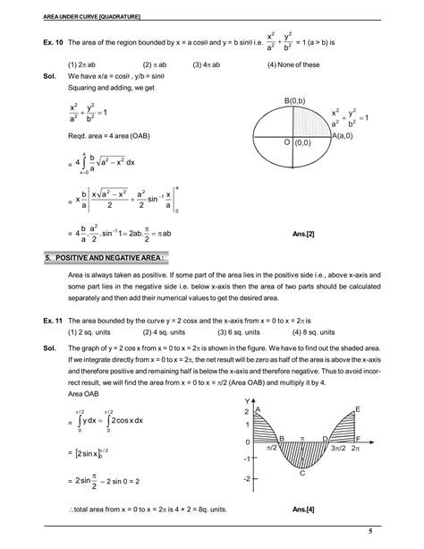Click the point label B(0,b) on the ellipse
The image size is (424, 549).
coord(293,99)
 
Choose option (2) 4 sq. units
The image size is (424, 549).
coord(156,330)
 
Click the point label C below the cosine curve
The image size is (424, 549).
coord(302,472)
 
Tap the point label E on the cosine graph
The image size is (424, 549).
coord(357,408)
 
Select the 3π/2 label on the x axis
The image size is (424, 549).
coord(339,446)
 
